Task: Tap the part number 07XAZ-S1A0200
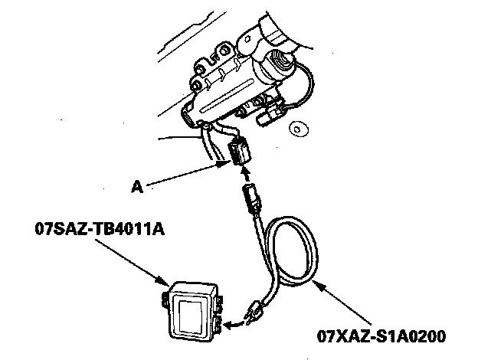pyautogui.click(x=381, y=335)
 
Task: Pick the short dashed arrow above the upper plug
pyautogui.click(x=246, y=174)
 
